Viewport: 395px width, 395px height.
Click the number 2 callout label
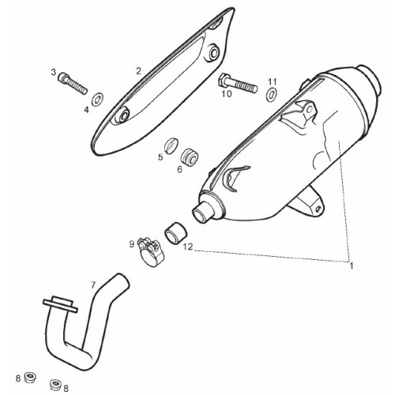pyautogui.click(x=138, y=71)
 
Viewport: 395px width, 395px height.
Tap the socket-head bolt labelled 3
pyautogui.click(x=73, y=82)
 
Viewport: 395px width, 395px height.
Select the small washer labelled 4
pyautogui.click(x=97, y=99)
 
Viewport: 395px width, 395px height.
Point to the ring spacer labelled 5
pyautogui.click(x=171, y=145)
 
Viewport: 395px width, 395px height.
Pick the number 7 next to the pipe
pyautogui.click(x=92, y=285)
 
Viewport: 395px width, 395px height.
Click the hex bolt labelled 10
pyautogui.click(x=238, y=83)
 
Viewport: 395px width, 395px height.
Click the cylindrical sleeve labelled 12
pyautogui.click(x=176, y=233)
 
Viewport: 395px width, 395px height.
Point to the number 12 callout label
pyautogui.click(x=188, y=247)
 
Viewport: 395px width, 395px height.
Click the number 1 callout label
pyautogui.click(x=351, y=265)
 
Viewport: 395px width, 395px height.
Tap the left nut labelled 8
pyautogui.click(x=30, y=378)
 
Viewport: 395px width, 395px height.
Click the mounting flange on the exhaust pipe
pyautogui.click(x=60, y=306)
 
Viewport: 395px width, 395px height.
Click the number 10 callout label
pyautogui.click(x=227, y=93)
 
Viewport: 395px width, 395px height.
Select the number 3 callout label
pyautogui.click(x=54, y=72)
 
